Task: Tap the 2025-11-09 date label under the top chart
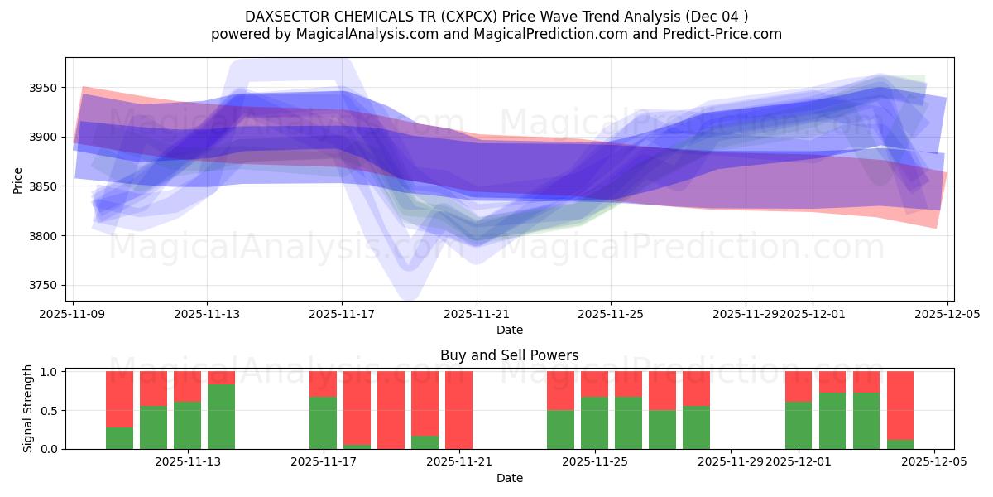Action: (x=73, y=315)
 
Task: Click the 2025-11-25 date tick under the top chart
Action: (x=611, y=315)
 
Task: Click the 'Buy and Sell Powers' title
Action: (x=509, y=355)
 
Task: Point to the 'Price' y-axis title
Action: (x=17, y=179)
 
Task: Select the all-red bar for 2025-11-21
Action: (x=458, y=409)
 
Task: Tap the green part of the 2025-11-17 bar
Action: (x=323, y=422)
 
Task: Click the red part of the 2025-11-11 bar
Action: (x=119, y=398)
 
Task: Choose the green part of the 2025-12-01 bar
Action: (x=798, y=425)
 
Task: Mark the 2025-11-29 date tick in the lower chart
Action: (x=731, y=462)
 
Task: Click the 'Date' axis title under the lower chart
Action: (x=509, y=478)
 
